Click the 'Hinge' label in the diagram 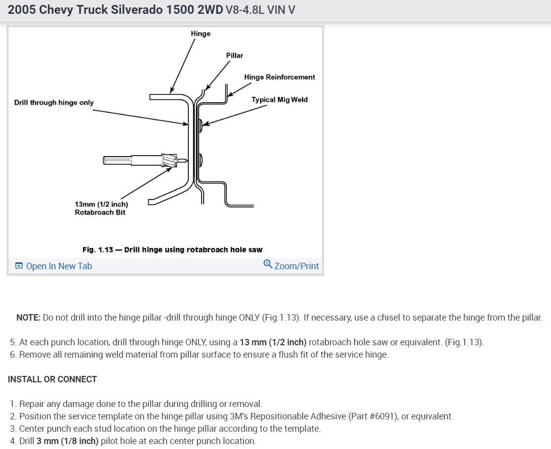(200, 34)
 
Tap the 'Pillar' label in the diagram (234, 55)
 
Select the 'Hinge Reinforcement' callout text (279, 77)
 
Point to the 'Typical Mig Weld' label (279, 99)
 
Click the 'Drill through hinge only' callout (54, 103)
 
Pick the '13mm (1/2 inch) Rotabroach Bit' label (101, 208)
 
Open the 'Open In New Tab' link (58, 266)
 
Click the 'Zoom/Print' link (296, 266)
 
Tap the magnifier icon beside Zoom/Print (268, 264)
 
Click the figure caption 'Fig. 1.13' (97, 250)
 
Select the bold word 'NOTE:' (28, 318)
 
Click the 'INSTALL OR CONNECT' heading (52, 379)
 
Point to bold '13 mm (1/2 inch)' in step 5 (273, 342)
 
